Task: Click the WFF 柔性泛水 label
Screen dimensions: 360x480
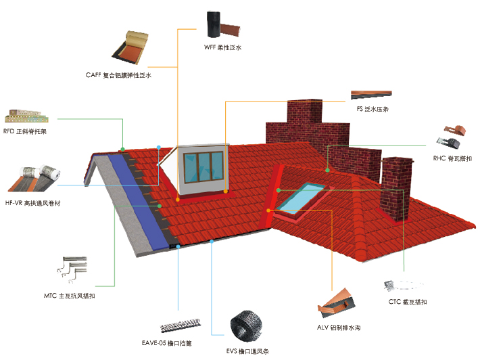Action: click(222, 48)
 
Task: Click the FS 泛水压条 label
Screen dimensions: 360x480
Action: click(372, 109)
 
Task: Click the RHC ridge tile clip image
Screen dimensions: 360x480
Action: click(451, 136)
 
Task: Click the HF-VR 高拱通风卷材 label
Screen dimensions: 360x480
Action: click(32, 202)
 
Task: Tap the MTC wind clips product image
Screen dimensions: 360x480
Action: click(74, 271)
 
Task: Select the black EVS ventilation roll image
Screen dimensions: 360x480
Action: click(247, 327)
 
